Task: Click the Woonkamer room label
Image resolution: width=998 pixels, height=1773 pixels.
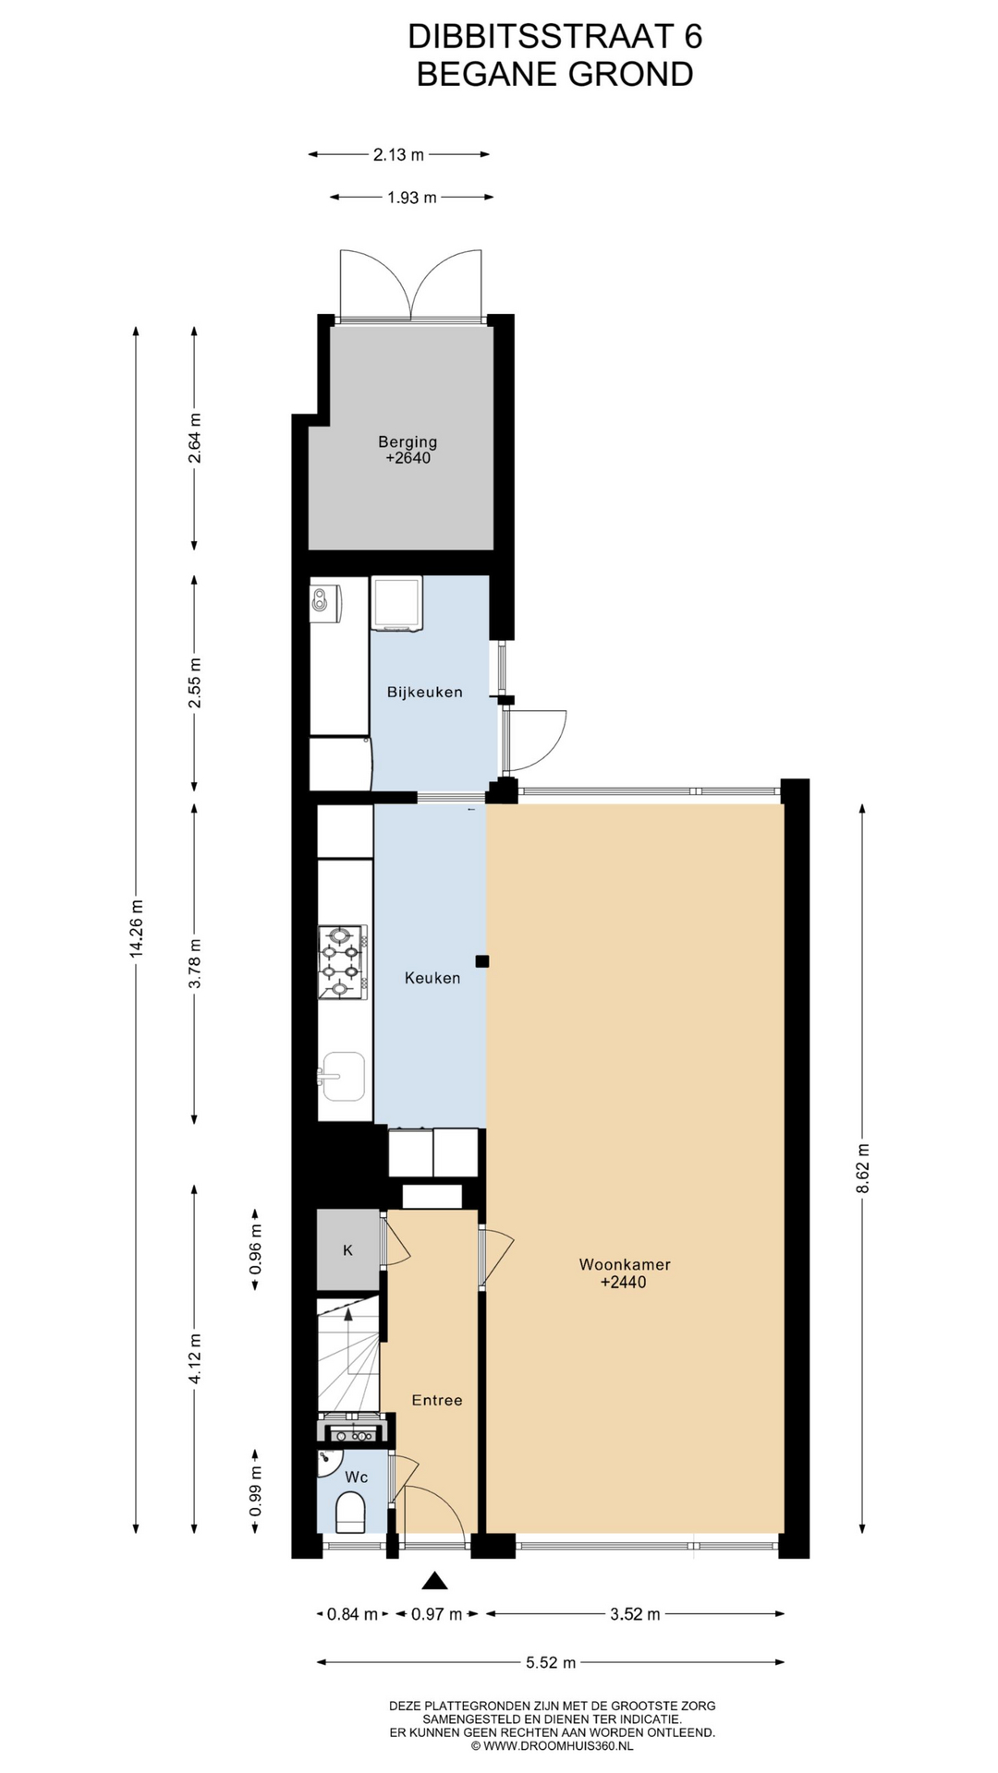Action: (625, 1264)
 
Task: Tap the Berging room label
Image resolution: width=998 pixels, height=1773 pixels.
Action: (408, 441)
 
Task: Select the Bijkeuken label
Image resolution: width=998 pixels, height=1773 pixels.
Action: (425, 692)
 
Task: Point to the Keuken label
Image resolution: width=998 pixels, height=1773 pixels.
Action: (432, 978)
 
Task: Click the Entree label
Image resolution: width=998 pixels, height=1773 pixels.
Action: (437, 1400)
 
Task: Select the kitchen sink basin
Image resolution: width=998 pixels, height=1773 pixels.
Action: (342, 1077)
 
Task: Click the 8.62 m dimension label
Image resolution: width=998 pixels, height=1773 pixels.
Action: (863, 1168)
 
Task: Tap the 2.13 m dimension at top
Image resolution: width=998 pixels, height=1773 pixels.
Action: (399, 155)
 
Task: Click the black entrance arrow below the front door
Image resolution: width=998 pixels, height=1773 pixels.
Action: (434, 1581)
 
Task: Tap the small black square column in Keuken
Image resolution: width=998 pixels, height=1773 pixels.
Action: (481, 961)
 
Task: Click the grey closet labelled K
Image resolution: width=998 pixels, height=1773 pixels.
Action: (348, 1249)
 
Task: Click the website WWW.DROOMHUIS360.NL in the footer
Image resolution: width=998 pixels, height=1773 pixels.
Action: (558, 1746)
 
